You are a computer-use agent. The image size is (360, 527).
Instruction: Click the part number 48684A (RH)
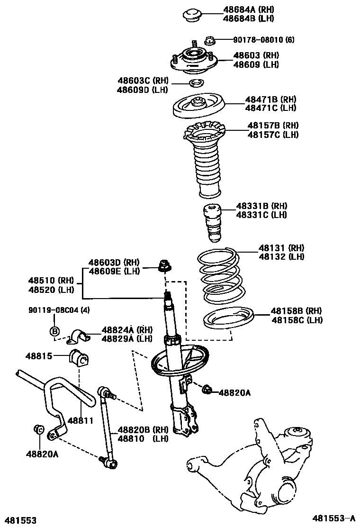[x=248, y=9]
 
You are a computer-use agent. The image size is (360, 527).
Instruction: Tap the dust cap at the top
[x=193, y=14]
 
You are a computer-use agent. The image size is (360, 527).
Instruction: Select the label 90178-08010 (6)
[x=263, y=40]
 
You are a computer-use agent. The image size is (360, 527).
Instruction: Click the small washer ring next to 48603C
[x=196, y=84]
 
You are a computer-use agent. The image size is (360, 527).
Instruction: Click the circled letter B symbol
[x=54, y=331]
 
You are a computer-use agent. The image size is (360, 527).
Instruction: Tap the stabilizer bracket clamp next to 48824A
[x=80, y=336]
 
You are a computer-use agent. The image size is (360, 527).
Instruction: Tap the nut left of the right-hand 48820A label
[x=207, y=391]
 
